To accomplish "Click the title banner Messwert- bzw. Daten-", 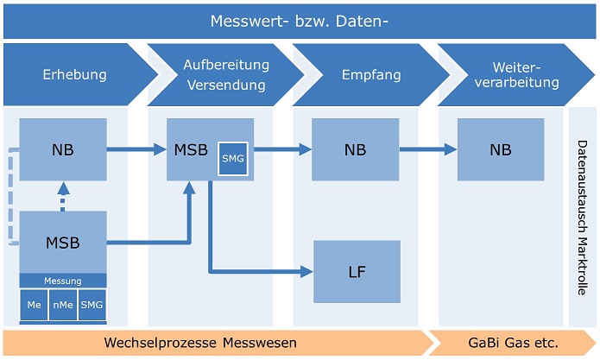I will click(x=300, y=20).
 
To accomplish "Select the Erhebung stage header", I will click(x=75, y=74).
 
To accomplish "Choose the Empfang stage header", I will click(x=371, y=74).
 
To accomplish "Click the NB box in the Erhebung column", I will click(x=63, y=149).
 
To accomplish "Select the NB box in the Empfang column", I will click(x=355, y=149).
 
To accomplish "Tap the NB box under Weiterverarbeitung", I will click(x=501, y=149).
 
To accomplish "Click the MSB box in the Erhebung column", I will click(x=63, y=243).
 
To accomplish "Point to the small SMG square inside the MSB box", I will click(x=232, y=158).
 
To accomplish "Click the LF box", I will click(x=357, y=272).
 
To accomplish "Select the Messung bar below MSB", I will click(x=63, y=281).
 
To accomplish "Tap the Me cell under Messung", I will click(x=34, y=305).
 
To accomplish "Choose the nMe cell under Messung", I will click(x=62, y=305).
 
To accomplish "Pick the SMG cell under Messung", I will click(x=91, y=305).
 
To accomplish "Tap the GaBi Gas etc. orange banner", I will click(x=513, y=343).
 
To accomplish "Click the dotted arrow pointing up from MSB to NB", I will click(x=63, y=196).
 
